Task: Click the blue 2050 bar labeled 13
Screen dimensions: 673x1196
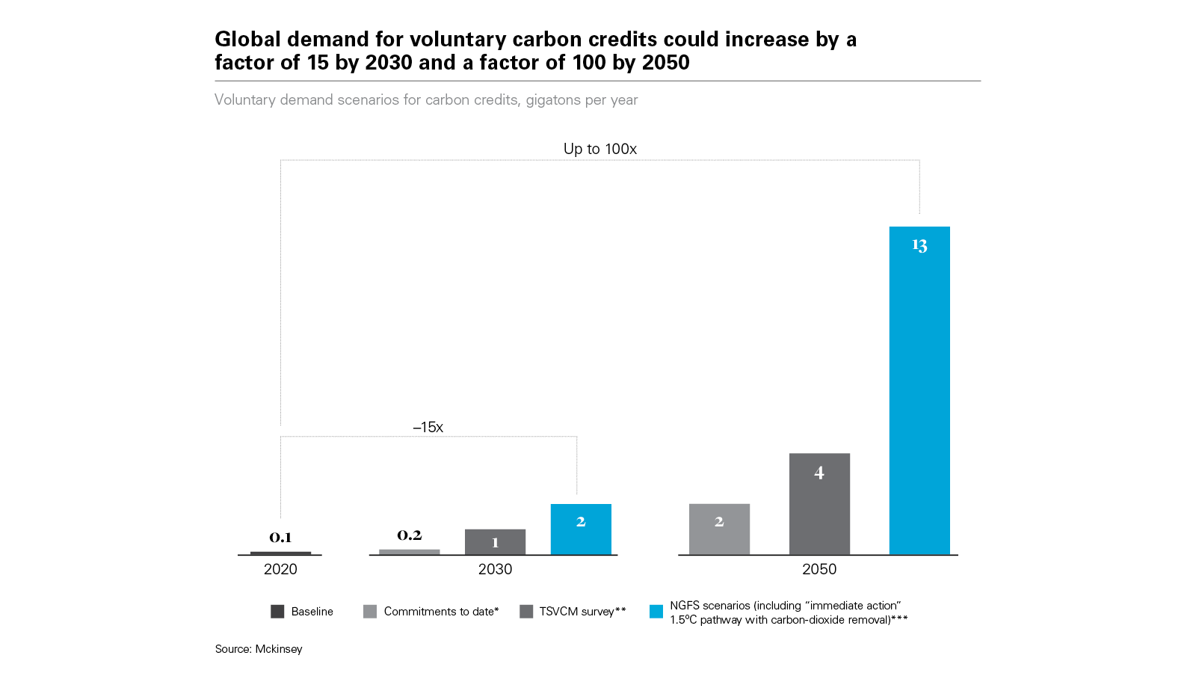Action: point(919,389)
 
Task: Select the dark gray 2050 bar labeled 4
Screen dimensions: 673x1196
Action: point(819,504)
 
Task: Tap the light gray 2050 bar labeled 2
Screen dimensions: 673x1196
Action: point(719,529)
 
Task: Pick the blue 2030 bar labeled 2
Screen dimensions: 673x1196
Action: point(581,529)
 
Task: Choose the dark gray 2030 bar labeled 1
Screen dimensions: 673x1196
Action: point(495,542)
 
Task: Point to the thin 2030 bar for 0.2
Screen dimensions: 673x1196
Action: point(410,552)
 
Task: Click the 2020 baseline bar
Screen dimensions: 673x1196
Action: point(280,553)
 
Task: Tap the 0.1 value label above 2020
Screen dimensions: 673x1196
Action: point(280,538)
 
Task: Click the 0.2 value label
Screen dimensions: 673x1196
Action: point(410,535)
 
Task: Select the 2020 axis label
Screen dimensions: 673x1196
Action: point(280,569)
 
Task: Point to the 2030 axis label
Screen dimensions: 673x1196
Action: point(495,569)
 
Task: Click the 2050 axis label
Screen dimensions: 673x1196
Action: point(819,569)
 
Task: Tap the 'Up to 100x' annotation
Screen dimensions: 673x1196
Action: point(600,149)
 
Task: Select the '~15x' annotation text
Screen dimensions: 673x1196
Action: point(428,427)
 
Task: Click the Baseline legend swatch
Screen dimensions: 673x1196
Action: point(277,612)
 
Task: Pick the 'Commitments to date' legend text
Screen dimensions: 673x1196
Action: point(441,612)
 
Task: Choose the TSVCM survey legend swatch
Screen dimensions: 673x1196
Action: point(526,612)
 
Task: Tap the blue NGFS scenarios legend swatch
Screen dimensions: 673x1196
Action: point(656,612)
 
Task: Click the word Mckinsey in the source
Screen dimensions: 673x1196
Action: point(279,649)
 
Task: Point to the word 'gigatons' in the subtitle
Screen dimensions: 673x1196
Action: point(553,100)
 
